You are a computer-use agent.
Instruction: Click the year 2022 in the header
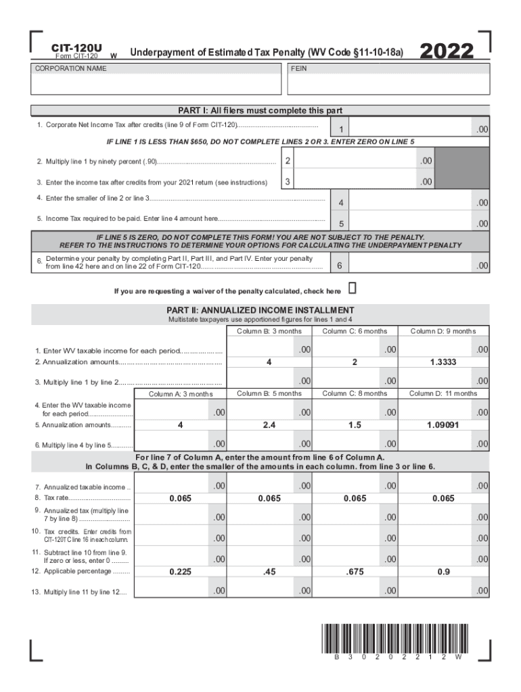tap(447, 52)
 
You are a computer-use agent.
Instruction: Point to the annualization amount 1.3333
tap(443, 362)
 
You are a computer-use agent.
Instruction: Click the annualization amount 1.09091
tap(443, 425)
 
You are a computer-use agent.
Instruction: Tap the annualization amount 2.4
tap(269, 425)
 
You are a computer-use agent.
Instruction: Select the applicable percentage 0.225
tap(179, 572)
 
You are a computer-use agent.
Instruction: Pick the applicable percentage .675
tap(355, 572)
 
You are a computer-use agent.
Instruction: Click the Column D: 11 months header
tap(443, 393)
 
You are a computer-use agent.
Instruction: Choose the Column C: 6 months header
tap(355, 331)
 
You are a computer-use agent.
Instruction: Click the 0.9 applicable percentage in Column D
tap(443, 572)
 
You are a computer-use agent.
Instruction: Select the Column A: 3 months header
tap(180, 394)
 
